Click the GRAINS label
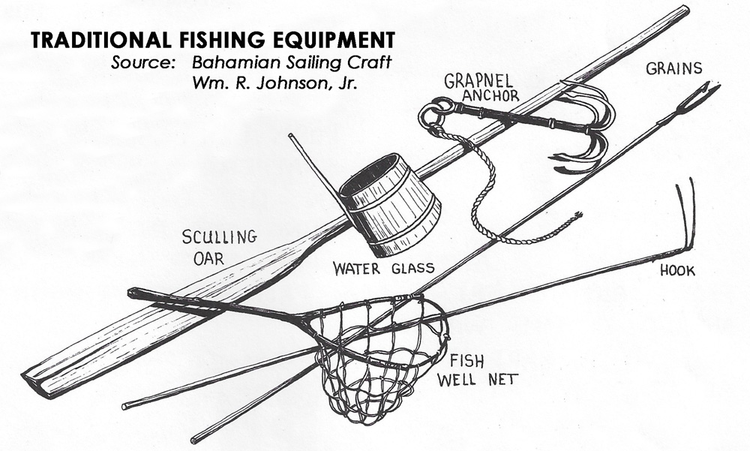click(x=674, y=69)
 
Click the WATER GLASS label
click(x=384, y=269)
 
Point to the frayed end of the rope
click(x=576, y=217)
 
